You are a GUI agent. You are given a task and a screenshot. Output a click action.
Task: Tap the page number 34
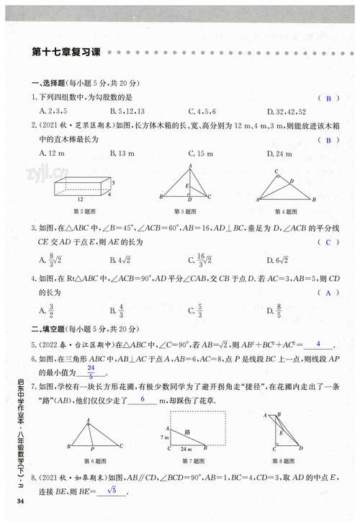point(21,502)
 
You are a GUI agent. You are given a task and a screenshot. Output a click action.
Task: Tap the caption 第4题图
point(286,211)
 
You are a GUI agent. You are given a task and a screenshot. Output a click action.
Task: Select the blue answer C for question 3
point(328,243)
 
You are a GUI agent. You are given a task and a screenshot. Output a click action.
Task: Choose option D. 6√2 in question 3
point(278,259)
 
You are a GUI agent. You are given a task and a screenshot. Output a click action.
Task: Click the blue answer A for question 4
point(328,293)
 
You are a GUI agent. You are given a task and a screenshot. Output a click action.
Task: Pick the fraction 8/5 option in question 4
point(278,311)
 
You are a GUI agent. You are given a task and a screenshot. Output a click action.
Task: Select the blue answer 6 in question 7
point(143,398)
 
